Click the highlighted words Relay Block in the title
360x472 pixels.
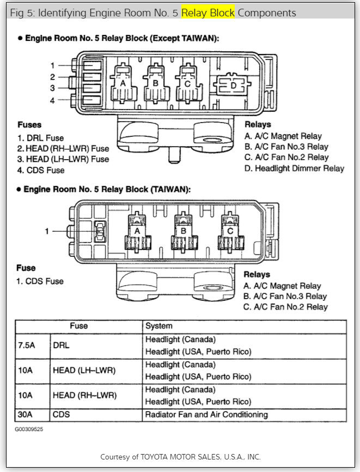[x=208, y=12]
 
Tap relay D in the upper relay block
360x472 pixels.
[x=234, y=86]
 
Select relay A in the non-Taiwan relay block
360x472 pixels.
[x=124, y=84]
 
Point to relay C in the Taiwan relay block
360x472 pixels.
[x=229, y=231]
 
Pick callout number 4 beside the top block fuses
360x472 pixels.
[x=52, y=100]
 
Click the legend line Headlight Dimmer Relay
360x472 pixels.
[x=294, y=168]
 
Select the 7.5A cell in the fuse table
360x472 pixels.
[x=26, y=346]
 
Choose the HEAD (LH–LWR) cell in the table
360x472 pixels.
[x=84, y=371]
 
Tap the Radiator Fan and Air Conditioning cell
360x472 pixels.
[x=206, y=415]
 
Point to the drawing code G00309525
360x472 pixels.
[x=29, y=429]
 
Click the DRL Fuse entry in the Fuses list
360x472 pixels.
[x=41, y=138]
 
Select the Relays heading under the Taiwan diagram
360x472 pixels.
[x=257, y=274]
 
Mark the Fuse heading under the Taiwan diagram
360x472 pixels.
[x=26, y=268]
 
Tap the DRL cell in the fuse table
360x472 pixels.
[x=60, y=346]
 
